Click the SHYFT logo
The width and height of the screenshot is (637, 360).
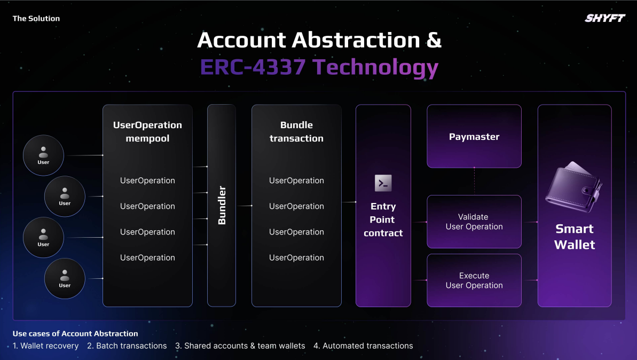tap(605, 18)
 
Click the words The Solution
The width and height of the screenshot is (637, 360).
tap(36, 18)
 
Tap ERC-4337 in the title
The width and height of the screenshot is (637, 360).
tap(253, 67)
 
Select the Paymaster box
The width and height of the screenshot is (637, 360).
tap(474, 136)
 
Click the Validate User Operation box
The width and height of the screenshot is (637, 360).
tap(474, 222)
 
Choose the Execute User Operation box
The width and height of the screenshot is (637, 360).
tap(474, 280)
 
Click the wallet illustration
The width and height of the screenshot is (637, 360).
tap(573, 187)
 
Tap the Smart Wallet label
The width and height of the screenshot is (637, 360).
tap(575, 237)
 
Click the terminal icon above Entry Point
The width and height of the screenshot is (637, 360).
tap(383, 183)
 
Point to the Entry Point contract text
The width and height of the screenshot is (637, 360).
tap(383, 220)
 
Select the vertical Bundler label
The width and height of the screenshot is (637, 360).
tap(222, 205)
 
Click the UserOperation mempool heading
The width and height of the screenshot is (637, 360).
tap(147, 131)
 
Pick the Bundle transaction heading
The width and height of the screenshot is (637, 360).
tap(296, 131)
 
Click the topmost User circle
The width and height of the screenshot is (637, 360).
tap(43, 155)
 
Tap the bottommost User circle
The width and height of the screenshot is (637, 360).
tap(65, 278)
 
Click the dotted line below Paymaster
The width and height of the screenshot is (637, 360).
tap(474, 181)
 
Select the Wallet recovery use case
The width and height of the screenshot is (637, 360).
tap(45, 346)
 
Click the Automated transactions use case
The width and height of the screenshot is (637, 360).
tap(363, 346)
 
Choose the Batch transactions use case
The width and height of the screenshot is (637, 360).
tap(127, 346)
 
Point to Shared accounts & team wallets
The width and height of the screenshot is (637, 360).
tap(240, 346)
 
